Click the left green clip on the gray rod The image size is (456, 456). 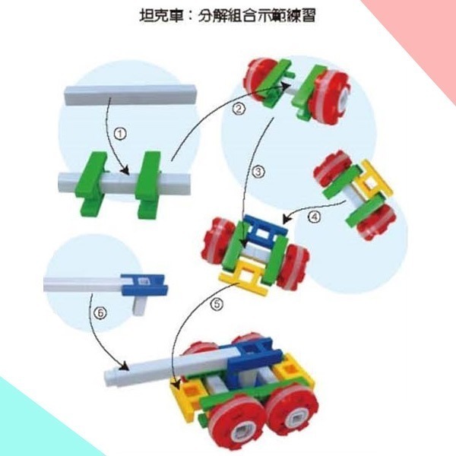(93, 182)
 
